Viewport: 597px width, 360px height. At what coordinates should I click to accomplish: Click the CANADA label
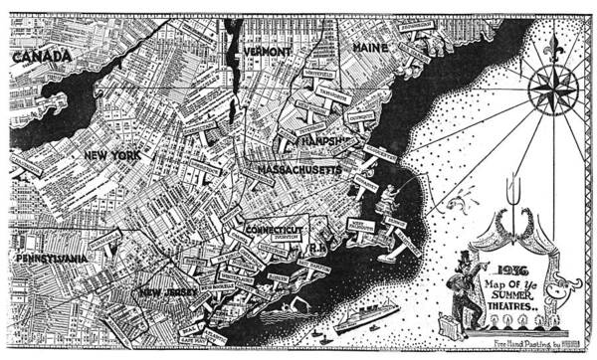(41, 57)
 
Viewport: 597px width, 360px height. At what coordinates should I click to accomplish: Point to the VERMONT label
(266, 49)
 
